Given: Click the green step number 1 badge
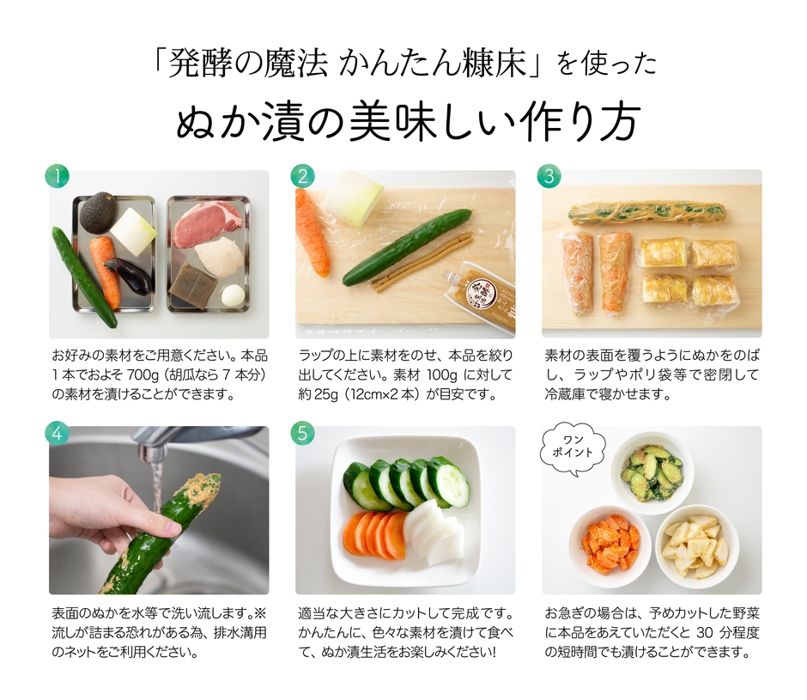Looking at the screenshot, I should click(57, 177).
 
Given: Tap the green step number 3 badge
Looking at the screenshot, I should click(549, 177).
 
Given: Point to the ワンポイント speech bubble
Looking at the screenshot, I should click(573, 447).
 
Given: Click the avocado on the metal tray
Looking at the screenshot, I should click(99, 211).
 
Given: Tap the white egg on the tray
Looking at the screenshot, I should click(233, 295).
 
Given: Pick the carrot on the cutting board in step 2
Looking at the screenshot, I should click(312, 232).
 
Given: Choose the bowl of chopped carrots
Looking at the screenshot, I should click(610, 543).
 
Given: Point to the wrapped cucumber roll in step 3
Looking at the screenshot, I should click(646, 212).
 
